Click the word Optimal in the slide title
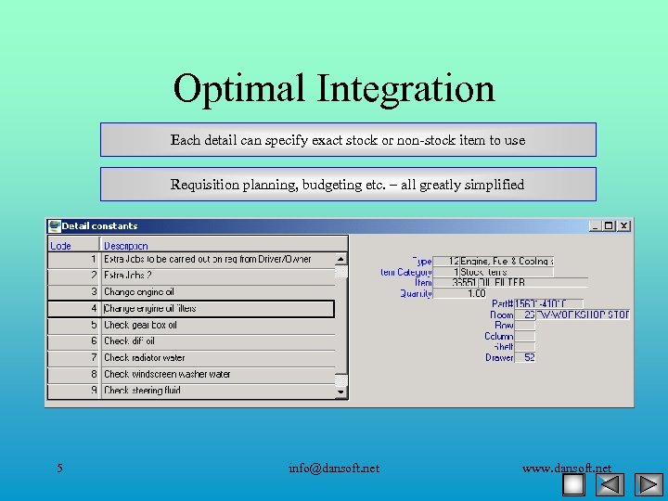(240, 89)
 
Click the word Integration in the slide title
(406, 89)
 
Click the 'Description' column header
(126, 245)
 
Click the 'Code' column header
(60, 245)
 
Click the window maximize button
(610, 225)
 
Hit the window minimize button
(596, 225)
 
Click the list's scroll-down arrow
(341, 392)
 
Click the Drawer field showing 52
(523, 357)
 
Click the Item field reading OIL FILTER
(501, 282)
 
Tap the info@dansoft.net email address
(334, 468)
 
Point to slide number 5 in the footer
(59, 468)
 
